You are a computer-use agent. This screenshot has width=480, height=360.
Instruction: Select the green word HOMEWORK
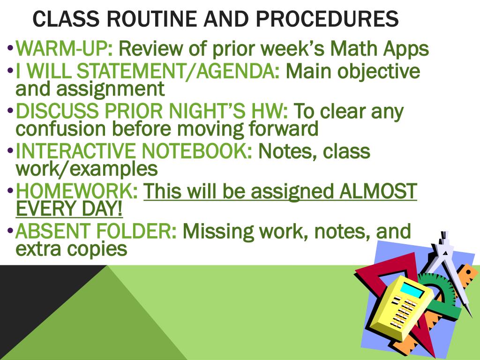click(74, 192)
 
